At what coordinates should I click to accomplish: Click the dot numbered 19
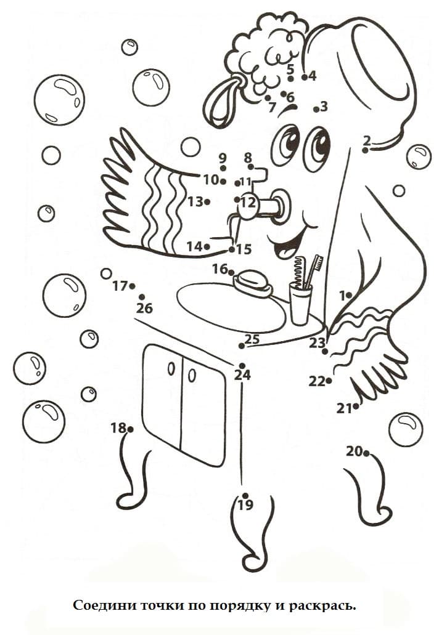coord(245,495)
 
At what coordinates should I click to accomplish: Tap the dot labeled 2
coord(365,150)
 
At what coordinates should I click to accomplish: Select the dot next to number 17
coord(132,286)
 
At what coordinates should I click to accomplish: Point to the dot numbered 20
coord(366,453)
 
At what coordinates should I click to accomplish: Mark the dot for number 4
coord(305,76)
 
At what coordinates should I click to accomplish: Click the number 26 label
coord(144,309)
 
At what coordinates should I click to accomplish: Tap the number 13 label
coord(195,201)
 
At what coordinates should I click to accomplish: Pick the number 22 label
coord(317,381)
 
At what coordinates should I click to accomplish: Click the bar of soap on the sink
coord(253,281)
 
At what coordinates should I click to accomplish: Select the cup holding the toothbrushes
coord(300,304)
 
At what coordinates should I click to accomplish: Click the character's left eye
coord(287,145)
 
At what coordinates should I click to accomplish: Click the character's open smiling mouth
coord(289,242)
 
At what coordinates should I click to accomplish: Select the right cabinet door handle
coord(192,376)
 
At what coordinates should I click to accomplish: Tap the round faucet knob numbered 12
coord(248,203)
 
